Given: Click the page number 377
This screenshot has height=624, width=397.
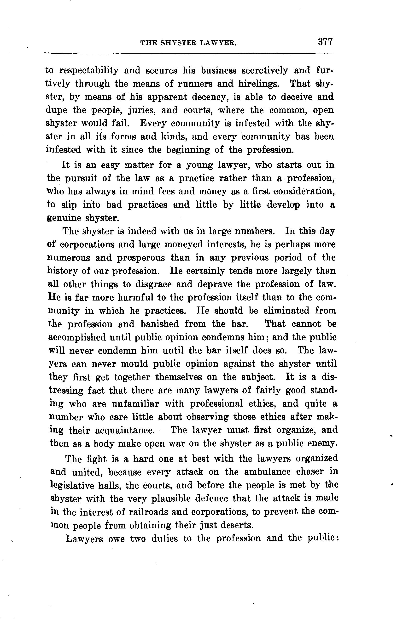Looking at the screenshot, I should (325, 42).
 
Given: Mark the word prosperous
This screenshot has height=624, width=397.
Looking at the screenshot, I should (141, 258).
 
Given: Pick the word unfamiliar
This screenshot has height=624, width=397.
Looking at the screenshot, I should (135, 404).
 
